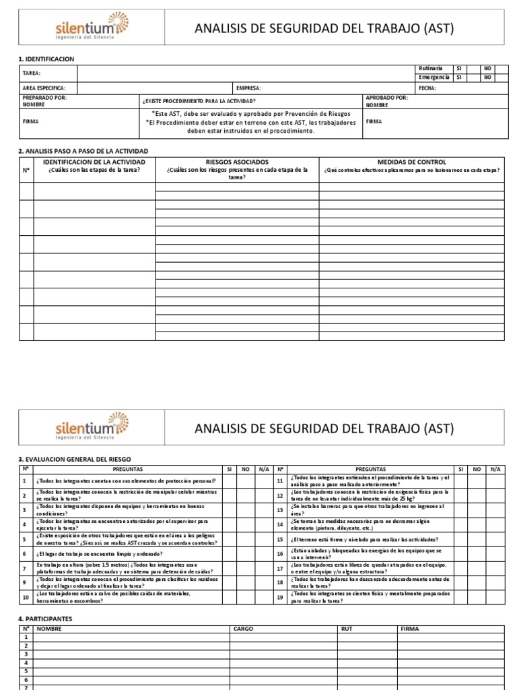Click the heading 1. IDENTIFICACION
coord(46,59)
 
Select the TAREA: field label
coord(32,73)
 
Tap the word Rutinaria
coord(430,69)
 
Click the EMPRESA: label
coord(248,88)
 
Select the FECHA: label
coord(427,88)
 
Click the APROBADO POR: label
coord(386,98)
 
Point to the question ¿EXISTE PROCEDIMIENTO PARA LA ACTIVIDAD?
coord(199,100)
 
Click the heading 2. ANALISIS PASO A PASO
coord(83,151)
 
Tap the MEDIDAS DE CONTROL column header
coord(411,162)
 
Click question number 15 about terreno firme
coord(364,539)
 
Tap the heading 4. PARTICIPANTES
coord(44,619)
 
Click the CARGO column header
coord(242,629)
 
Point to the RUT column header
coord(347,629)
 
